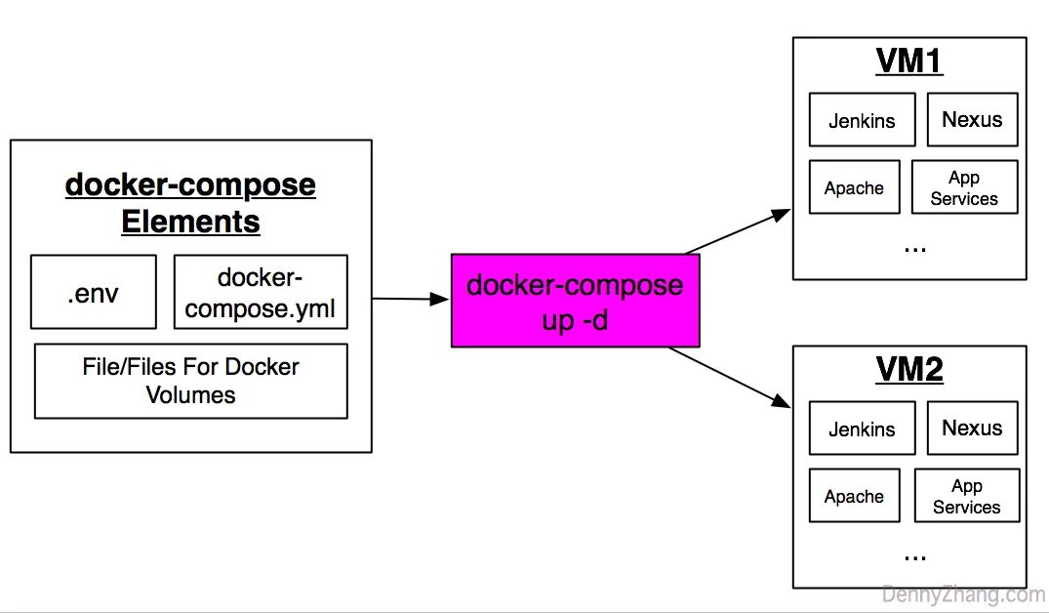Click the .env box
pyautogui.click(x=94, y=292)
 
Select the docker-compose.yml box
pyautogui.click(x=261, y=292)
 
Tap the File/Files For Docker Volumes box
pyautogui.click(x=190, y=381)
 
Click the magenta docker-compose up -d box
pyautogui.click(x=576, y=301)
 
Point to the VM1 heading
pyautogui.click(x=909, y=61)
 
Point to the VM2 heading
pyautogui.click(x=909, y=369)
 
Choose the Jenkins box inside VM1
pyautogui.click(x=863, y=120)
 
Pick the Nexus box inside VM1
pyautogui.click(x=973, y=120)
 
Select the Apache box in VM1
pyautogui.click(x=854, y=186)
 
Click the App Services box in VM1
pyautogui.click(x=965, y=186)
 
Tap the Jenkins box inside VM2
pyautogui.click(x=863, y=429)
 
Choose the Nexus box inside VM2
pyautogui.click(x=973, y=429)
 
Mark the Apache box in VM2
pyautogui.click(x=854, y=495)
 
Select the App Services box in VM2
pyautogui.click(x=967, y=495)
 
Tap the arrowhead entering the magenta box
pyautogui.click(x=440, y=299)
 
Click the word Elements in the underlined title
pyautogui.click(x=190, y=222)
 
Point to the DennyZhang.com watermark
pyautogui.click(x=963, y=594)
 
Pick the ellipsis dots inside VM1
pyautogui.click(x=915, y=250)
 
